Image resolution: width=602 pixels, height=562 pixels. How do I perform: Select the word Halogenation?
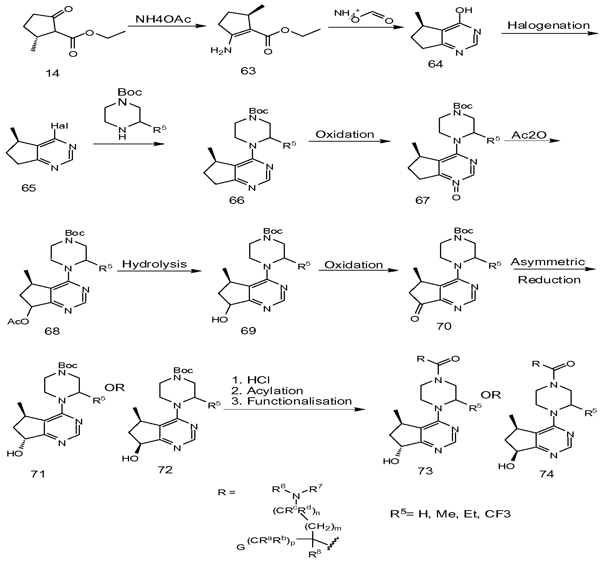tap(549, 26)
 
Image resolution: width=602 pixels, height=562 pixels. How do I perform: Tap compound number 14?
tap(53, 73)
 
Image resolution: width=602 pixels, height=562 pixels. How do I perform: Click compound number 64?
tap(435, 63)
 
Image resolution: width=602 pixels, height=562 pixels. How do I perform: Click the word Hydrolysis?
tap(155, 264)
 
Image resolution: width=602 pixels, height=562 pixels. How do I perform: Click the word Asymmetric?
tap(548, 263)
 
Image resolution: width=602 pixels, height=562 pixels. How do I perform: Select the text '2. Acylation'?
tap(267, 391)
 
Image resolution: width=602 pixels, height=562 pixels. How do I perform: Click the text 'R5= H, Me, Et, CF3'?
tap(450, 514)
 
